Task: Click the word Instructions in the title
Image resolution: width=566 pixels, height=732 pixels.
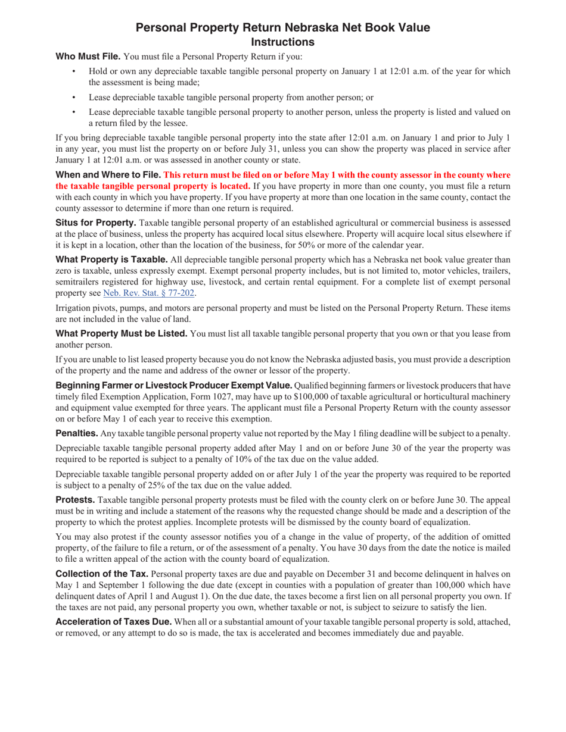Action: tap(283, 42)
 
